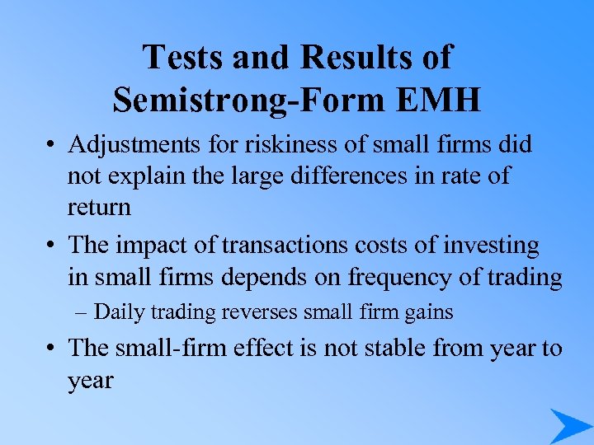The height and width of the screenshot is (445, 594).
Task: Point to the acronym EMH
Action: (x=441, y=100)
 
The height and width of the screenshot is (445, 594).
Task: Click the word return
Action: (x=99, y=207)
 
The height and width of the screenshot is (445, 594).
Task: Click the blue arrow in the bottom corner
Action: (x=569, y=425)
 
